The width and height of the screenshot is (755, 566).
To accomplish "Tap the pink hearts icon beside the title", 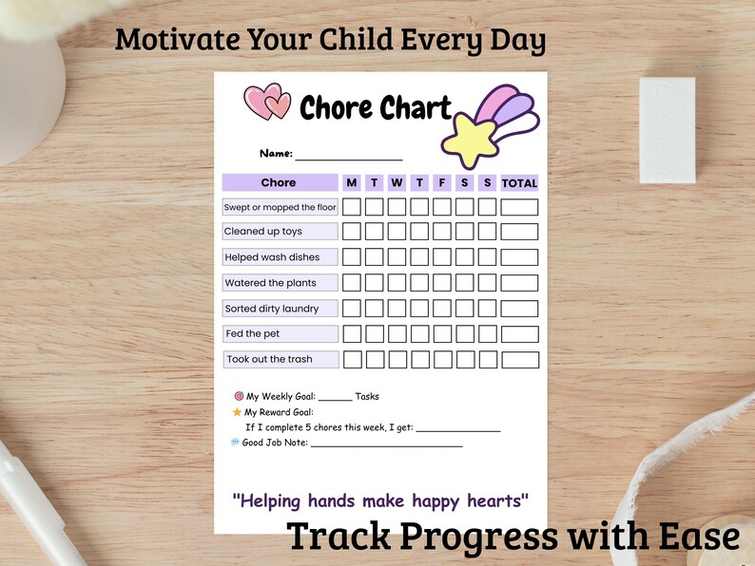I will (x=267, y=103).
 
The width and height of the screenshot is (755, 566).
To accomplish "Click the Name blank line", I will (x=348, y=154).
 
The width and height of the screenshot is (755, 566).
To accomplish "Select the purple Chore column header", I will (x=280, y=182).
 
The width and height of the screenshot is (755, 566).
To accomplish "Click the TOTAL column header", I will (x=519, y=182).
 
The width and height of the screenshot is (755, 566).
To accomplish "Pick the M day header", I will (x=352, y=182).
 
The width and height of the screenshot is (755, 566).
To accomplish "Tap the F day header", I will (x=442, y=182).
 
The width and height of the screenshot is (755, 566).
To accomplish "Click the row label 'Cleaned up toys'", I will (x=263, y=232).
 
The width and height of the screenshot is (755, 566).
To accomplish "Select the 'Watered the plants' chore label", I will (x=270, y=283).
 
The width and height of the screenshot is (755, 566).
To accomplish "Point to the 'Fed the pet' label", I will (x=252, y=334).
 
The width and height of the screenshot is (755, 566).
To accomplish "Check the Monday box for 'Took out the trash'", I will (x=352, y=359).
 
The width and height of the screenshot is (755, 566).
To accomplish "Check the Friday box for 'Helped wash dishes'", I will (x=442, y=257).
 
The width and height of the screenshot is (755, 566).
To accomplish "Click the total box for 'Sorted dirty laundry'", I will (x=519, y=309).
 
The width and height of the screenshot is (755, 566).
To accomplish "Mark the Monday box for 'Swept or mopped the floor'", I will (x=352, y=207).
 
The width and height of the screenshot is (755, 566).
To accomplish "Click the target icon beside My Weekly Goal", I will (x=239, y=396).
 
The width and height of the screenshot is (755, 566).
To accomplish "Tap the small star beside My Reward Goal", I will (x=237, y=412).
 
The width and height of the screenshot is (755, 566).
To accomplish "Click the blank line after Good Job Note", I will (x=386, y=443).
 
